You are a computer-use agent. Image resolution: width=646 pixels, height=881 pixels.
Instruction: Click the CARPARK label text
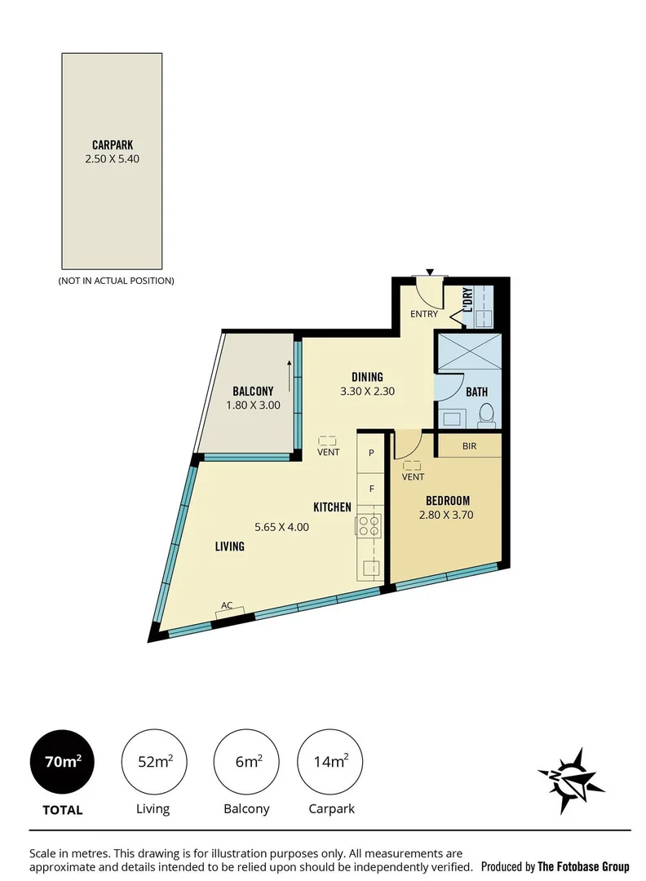pos(113,146)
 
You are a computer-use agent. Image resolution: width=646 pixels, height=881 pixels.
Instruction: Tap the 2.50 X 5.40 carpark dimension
pos(113,160)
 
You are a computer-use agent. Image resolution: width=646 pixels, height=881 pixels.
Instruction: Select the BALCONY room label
pos(253,390)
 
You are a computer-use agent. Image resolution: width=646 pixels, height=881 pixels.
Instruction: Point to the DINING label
pos(367,377)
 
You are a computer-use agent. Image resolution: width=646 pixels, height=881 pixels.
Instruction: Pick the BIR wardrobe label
pos(469,447)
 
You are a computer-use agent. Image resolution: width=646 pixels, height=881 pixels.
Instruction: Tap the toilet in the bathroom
pos(486,414)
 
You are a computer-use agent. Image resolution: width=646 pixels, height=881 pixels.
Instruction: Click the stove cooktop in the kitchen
pos(369,524)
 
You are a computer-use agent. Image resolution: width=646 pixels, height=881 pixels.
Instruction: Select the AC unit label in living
pos(228,605)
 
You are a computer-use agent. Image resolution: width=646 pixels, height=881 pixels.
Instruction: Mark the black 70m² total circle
pos(62,762)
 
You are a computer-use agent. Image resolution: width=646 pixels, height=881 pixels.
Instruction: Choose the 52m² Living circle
pos(153,762)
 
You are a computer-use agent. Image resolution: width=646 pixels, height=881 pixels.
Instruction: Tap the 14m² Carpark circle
pos(330,762)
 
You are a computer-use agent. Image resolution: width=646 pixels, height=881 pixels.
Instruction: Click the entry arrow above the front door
pos(430,272)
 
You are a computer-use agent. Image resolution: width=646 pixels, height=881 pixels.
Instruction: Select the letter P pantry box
pos(371,453)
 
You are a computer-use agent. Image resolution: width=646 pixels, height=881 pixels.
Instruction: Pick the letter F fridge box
pos(371,489)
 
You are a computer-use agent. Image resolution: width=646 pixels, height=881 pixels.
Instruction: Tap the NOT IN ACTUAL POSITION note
pos(116,281)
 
